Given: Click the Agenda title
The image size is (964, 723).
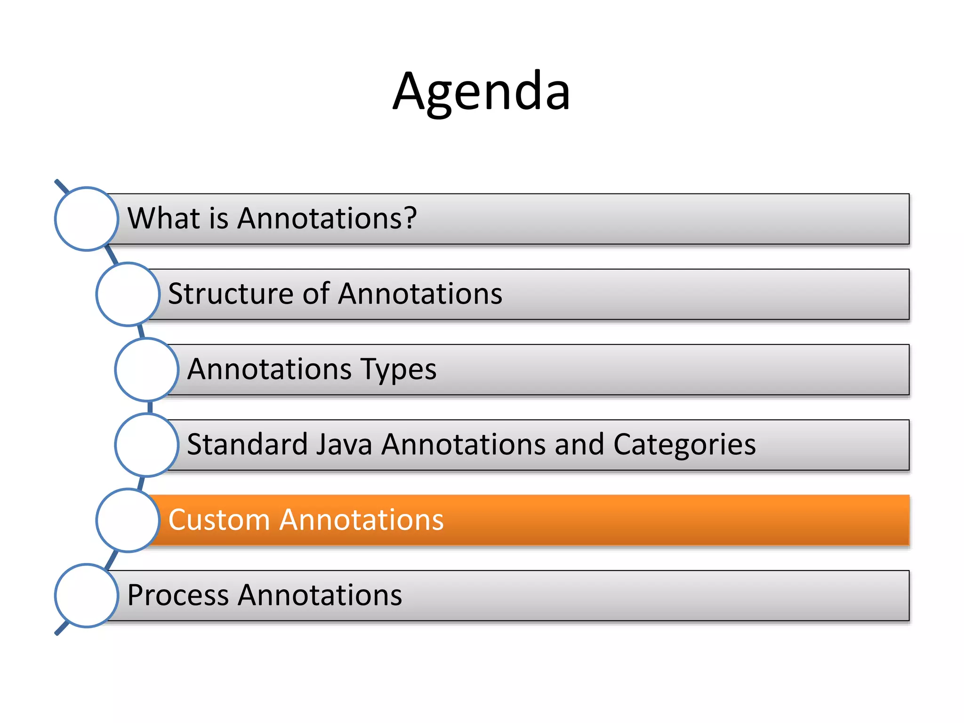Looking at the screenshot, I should click(482, 92).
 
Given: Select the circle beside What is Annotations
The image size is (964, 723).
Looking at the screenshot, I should click(87, 219).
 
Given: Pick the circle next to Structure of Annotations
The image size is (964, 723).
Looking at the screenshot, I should click(128, 294).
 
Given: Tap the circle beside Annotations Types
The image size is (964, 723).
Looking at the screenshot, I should click(147, 370).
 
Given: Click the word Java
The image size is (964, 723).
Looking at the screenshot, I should click(344, 444).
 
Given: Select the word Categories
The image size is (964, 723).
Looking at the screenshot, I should click(684, 444).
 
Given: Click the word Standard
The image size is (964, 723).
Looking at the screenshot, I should click(247, 444).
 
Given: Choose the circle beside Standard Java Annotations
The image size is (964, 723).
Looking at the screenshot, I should click(147, 445).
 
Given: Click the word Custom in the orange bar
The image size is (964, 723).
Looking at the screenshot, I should click(219, 520).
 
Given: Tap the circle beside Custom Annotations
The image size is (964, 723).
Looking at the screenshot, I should click(128, 520).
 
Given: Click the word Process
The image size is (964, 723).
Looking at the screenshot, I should click(178, 595).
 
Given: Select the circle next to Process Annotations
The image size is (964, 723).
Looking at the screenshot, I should click(87, 595).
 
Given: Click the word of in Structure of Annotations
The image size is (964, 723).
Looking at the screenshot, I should click(316, 294).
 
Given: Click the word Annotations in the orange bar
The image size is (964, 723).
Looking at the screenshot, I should click(361, 520).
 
